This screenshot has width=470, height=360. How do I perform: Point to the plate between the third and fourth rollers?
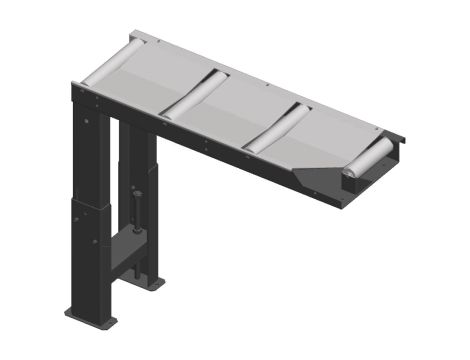pyautogui.click(x=330, y=135)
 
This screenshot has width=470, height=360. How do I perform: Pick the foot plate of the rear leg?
pyautogui.click(x=150, y=283)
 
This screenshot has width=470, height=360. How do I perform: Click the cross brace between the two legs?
pyautogui.click(x=125, y=250)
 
